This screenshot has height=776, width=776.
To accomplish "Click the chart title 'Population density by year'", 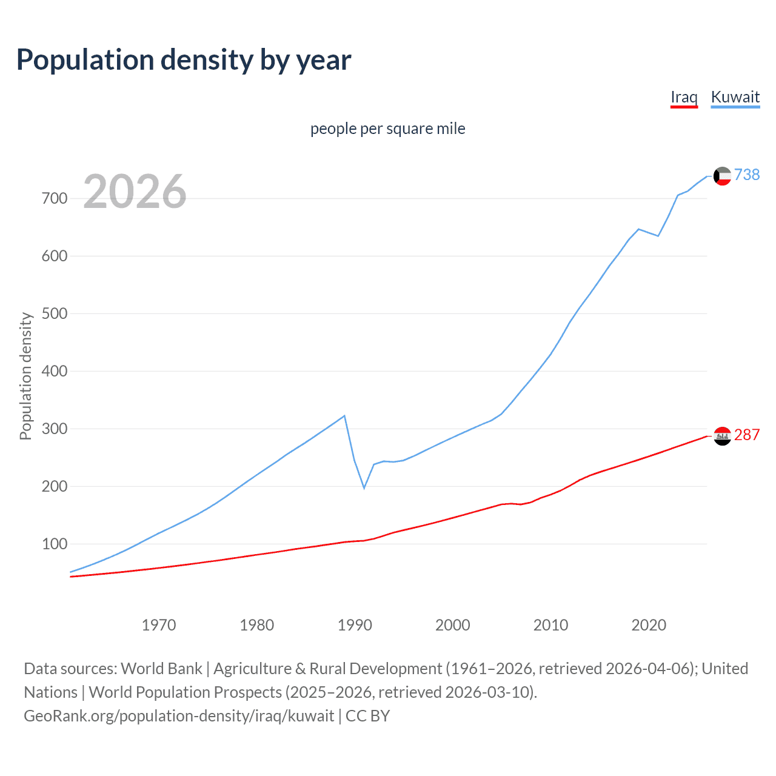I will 184,60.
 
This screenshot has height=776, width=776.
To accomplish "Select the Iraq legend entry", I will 684,97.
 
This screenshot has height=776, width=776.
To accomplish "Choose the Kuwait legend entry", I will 735,97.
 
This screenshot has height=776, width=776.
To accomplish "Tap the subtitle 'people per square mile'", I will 387,129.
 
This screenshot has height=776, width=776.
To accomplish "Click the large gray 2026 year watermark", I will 135,192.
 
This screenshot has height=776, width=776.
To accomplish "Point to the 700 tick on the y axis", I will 55,198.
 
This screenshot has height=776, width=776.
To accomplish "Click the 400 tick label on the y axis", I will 55,371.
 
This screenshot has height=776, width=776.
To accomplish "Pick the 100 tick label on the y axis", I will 55,544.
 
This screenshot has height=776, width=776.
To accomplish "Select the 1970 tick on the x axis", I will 159,625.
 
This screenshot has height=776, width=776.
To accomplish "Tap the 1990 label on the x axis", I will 355,625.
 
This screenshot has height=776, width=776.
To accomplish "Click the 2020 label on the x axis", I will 649,625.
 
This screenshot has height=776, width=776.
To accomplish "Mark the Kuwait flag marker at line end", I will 722,176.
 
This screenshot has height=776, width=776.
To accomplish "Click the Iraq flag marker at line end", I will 722,436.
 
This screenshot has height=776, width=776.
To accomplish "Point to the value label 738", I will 747,175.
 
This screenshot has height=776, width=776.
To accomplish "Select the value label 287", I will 747,435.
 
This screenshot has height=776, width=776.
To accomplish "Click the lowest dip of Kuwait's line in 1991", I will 364,488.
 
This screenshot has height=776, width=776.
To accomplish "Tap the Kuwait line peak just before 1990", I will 344,416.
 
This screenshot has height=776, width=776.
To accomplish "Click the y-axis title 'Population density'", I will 25,376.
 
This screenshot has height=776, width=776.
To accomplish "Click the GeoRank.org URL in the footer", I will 179,716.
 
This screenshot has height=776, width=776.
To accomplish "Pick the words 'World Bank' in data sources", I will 161,669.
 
